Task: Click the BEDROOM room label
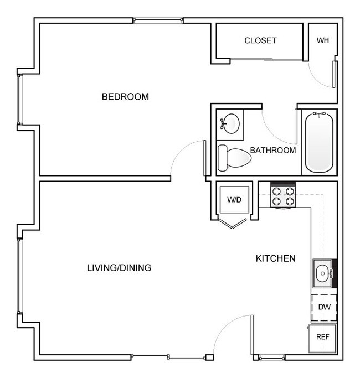pos(125,97)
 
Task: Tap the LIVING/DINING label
pos(119,268)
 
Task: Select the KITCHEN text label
pos(275,258)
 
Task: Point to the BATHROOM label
pos(272,150)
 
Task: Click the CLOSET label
pos(260,40)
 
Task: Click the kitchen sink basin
pos(322,273)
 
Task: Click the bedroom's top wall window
pos(158,21)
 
